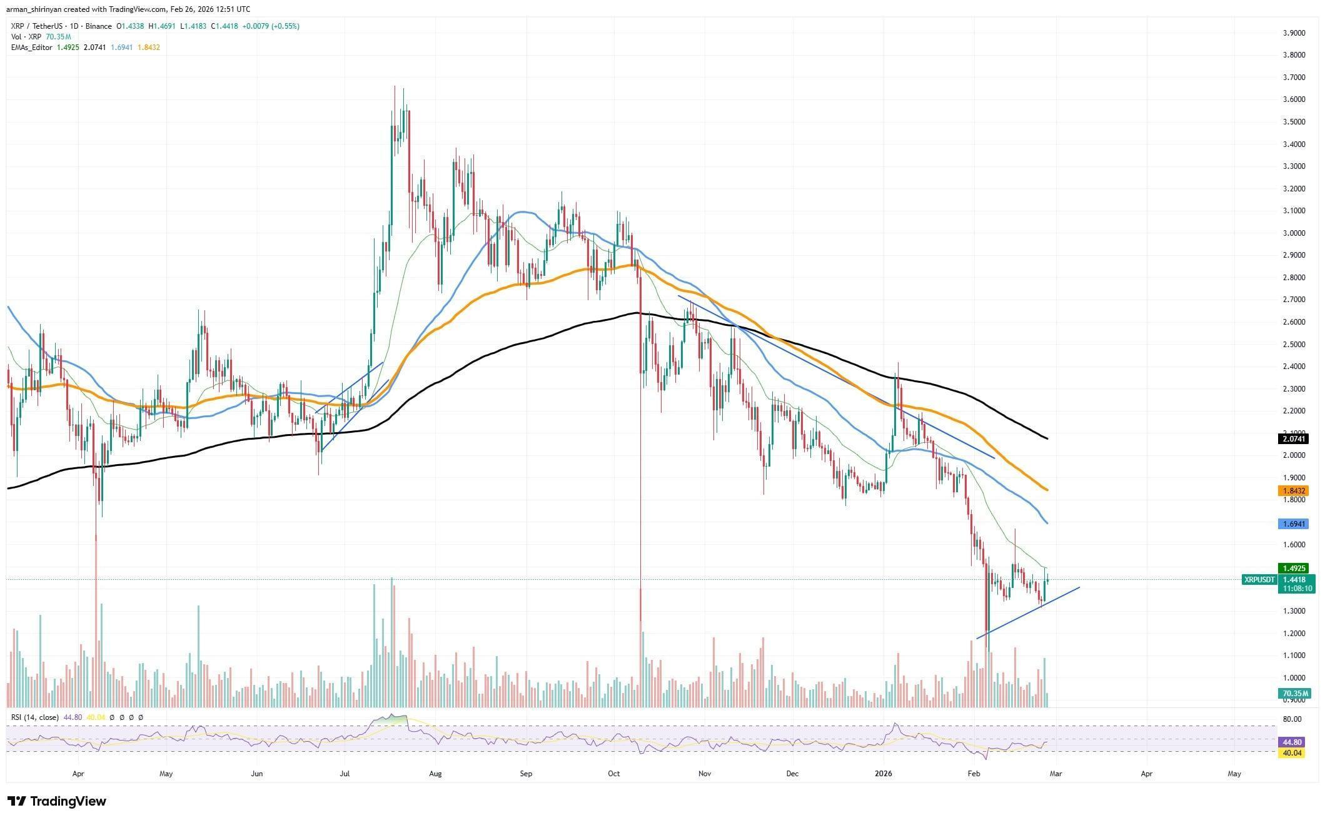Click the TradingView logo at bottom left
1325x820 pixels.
pos(56,801)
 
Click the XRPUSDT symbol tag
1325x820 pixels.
pos(1259,580)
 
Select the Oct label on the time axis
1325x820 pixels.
pos(614,774)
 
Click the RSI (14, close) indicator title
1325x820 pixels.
pos(34,717)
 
